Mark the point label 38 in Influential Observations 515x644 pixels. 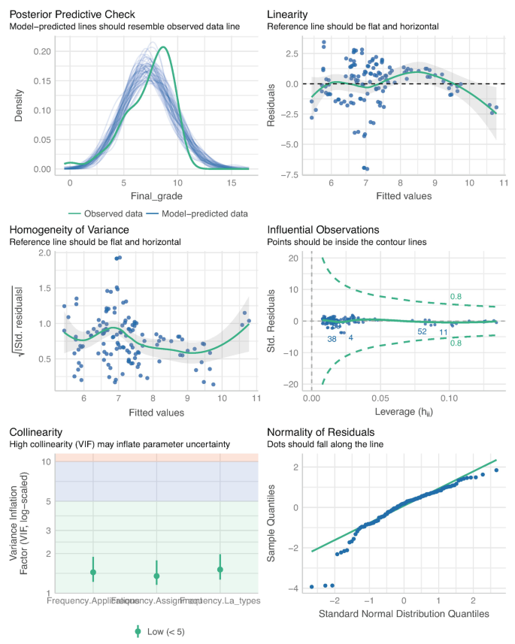point(332,339)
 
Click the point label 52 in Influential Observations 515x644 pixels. point(422,331)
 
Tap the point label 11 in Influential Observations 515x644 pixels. point(444,331)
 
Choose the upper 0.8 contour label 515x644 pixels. point(456,298)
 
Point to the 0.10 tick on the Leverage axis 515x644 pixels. point(449,397)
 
